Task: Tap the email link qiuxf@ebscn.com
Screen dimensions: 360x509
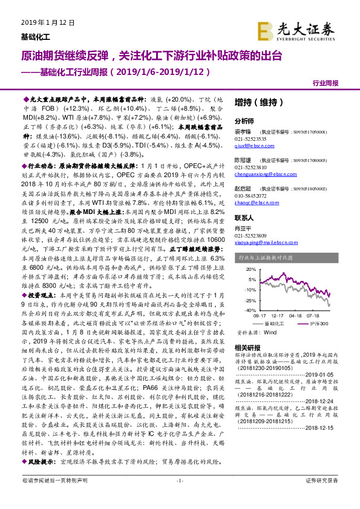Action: point(252,146)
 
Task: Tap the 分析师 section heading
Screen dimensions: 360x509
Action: point(244,121)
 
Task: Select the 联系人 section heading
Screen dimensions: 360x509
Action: point(244,217)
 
